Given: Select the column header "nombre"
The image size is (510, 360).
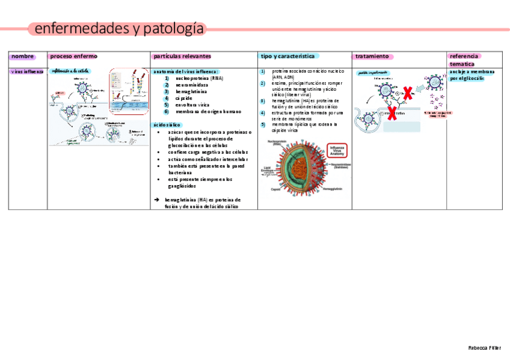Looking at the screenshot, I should point(22,56).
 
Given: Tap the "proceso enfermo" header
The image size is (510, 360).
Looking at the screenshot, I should point(73,56).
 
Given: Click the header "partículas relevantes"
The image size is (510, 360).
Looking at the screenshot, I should point(182,56).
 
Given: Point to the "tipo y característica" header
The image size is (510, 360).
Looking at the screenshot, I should point(287,56).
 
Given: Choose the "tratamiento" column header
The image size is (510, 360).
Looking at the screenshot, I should point(372,56).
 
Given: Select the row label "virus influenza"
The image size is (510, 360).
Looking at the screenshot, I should point(27,72).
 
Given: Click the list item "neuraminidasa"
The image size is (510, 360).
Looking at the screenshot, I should point(192,85).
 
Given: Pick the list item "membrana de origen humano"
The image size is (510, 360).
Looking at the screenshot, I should point(208,111).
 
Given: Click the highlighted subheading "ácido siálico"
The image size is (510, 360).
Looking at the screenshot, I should point(167,124).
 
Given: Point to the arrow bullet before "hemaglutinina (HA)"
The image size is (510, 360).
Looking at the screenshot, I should point(156,200).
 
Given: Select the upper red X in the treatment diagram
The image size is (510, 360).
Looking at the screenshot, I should point(407,93).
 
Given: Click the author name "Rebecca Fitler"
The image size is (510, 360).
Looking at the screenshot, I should point(484,348).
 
